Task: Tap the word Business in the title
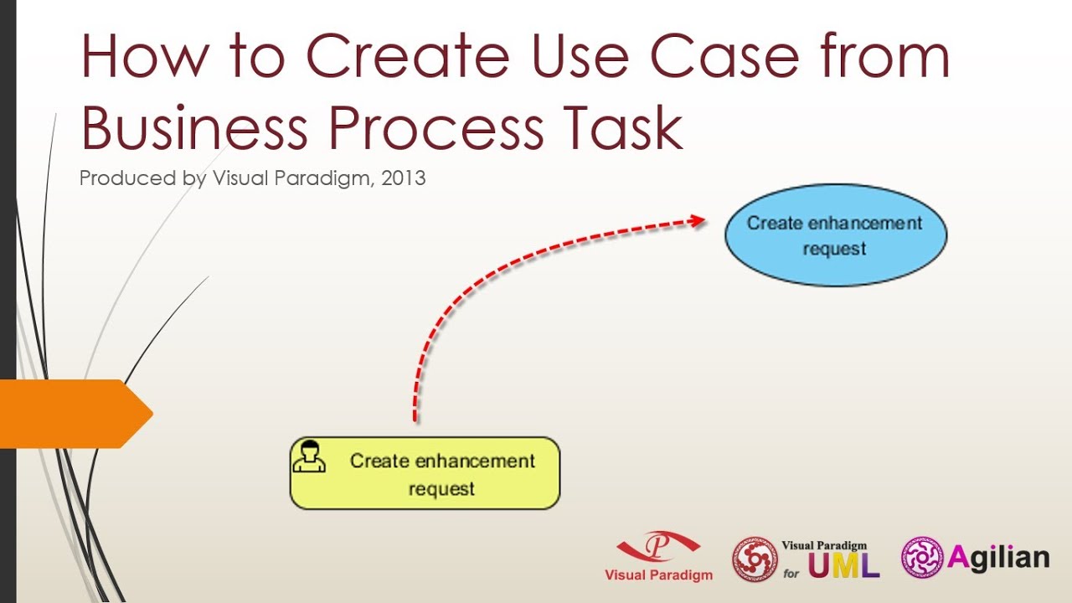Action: tap(194, 128)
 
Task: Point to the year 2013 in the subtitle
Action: tap(405, 178)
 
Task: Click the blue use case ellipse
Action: tap(835, 235)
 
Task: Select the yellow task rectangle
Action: tap(425, 473)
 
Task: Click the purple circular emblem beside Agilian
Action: tap(922, 558)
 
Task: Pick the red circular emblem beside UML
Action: tap(755, 559)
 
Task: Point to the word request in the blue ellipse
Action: tap(834, 250)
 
